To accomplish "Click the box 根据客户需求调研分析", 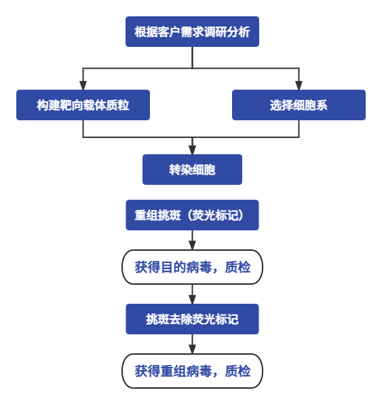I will [192, 32].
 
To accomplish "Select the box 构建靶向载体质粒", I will [83, 105].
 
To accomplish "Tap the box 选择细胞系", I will [299, 105].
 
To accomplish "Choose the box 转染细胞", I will [192, 169].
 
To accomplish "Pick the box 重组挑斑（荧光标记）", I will [192, 215].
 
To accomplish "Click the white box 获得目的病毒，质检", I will [192, 267].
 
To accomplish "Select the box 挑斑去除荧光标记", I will [192, 319].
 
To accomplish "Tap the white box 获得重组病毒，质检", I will [192, 371].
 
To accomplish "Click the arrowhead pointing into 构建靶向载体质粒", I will [83, 85].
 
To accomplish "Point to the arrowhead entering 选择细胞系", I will [299, 85].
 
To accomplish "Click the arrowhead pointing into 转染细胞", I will [192, 149].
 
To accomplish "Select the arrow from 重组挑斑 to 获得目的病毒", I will [192, 242].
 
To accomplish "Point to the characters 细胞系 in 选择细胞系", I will [310, 105].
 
